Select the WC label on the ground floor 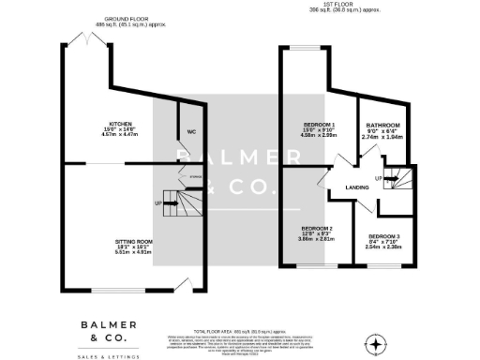coord(190,131)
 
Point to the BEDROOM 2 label coord(316,228)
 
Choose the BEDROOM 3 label coord(383,236)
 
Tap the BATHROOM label coord(383,125)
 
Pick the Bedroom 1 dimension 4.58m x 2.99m coord(318,135)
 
